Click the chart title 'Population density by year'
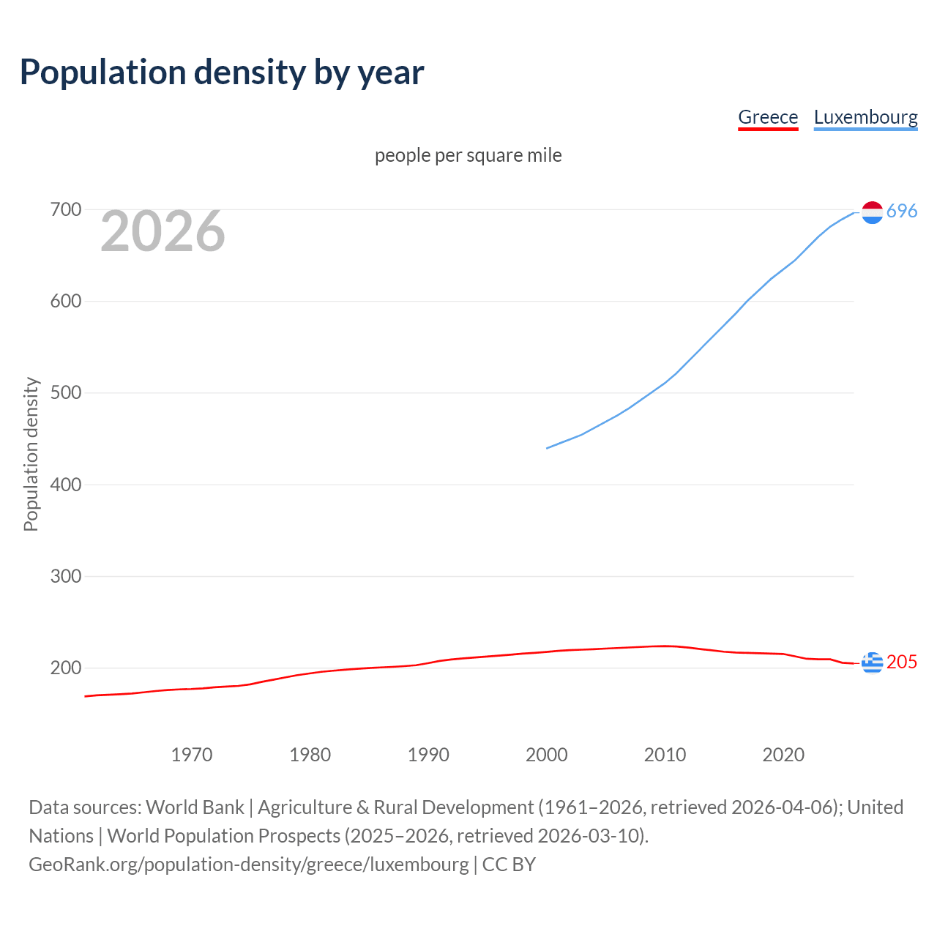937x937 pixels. click(x=222, y=72)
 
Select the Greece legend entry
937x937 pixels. click(x=767, y=117)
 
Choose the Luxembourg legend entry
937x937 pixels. click(x=865, y=117)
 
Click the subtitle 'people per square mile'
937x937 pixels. click(x=468, y=155)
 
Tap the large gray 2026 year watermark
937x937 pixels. click(x=163, y=231)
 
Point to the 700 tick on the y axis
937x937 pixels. click(x=65, y=210)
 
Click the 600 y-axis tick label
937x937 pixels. click(x=65, y=302)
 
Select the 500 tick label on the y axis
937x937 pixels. click(x=65, y=393)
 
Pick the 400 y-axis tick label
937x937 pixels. click(x=65, y=485)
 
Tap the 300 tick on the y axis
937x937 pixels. click(x=65, y=576)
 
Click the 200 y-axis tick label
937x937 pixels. click(x=65, y=668)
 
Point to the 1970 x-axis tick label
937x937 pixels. click(x=192, y=755)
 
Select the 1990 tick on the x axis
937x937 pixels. click(x=428, y=755)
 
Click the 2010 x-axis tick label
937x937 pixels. click(x=665, y=755)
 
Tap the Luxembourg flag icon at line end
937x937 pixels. click(x=872, y=212)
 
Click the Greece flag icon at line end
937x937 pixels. click(x=872, y=662)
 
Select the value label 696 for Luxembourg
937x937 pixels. click(x=902, y=212)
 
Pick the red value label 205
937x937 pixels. click(x=902, y=662)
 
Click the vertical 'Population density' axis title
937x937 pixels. click(x=31, y=454)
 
